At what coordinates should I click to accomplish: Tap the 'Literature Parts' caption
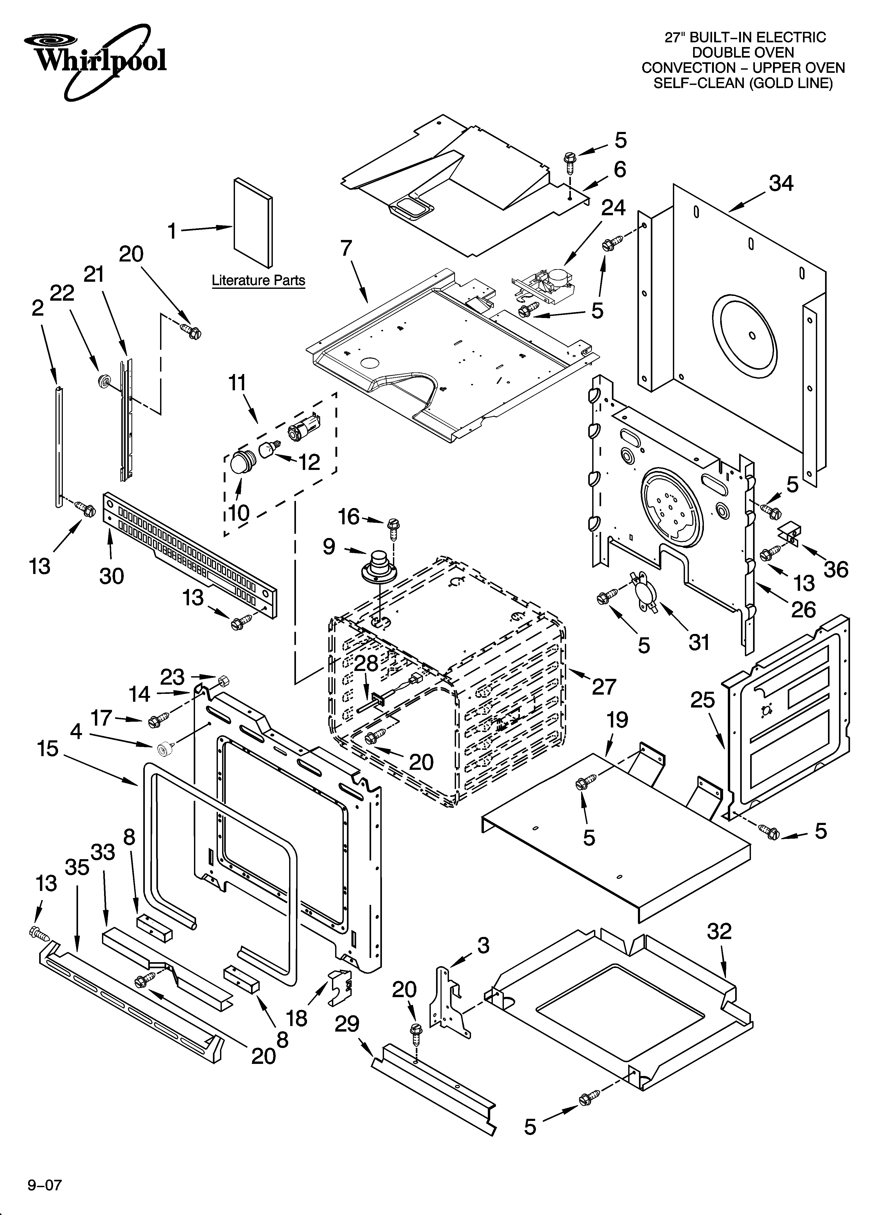258,280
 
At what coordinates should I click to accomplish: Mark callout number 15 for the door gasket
48,749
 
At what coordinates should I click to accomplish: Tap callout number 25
703,700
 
